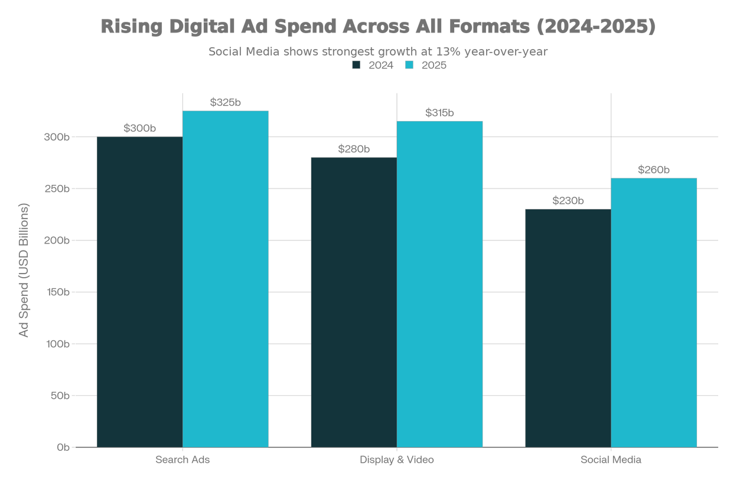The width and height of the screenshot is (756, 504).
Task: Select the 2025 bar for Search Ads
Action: pyautogui.click(x=226, y=278)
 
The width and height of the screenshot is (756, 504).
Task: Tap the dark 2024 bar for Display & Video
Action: pyautogui.click(x=354, y=301)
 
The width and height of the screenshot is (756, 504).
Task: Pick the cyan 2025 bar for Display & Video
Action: pyautogui.click(x=440, y=283)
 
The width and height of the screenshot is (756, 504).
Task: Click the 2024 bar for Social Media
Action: pyautogui.click(x=568, y=327)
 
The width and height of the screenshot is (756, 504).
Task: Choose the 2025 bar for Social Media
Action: pyautogui.click(x=654, y=311)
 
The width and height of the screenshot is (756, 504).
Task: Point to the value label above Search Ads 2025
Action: pyautogui.click(x=226, y=103)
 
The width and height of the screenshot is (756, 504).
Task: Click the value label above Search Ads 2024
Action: pyautogui.click(x=139, y=128)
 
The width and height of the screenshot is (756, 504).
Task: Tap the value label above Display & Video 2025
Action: pyautogui.click(x=440, y=113)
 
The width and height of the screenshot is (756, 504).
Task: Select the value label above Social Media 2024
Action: pyautogui.click(x=568, y=201)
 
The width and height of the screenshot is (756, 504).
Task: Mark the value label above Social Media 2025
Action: pyautogui.click(x=654, y=170)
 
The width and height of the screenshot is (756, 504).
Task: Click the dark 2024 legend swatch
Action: pyautogui.click(x=356, y=66)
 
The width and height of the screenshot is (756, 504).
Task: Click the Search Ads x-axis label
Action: pyautogui.click(x=183, y=460)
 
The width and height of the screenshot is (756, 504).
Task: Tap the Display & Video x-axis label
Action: pyautogui.click(x=397, y=460)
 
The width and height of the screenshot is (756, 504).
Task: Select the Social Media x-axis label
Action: pyautogui.click(x=611, y=460)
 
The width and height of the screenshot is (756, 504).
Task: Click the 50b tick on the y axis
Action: pyautogui.click(x=61, y=395)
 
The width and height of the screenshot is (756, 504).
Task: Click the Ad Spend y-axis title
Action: pyautogui.click(x=24, y=271)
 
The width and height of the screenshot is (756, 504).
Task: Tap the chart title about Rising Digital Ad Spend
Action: pyautogui.click(x=378, y=27)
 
